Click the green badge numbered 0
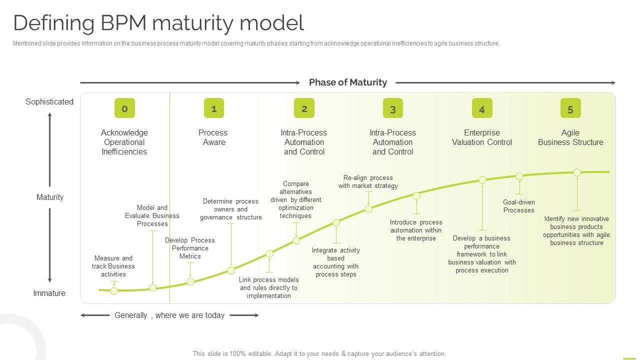[124, 108]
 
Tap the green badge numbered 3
[392, 108]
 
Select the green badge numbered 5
[570, 108]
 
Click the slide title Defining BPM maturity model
[158, 23]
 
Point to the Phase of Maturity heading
[348, 82]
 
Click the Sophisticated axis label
[49, 101]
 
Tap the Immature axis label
[49, 293]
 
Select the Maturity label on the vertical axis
[50, 197]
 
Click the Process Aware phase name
[213, 137]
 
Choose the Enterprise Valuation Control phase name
[482, 137]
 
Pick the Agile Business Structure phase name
[570, 137]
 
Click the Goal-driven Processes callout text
[519, 206]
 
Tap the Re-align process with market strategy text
[368, 181]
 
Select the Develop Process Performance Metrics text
[190, 248]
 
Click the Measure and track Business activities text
[113, 266]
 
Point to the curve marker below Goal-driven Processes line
[519, 176]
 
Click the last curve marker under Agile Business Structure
[577, 172]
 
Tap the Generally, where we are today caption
[169, 315]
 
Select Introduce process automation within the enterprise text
[416, 230]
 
